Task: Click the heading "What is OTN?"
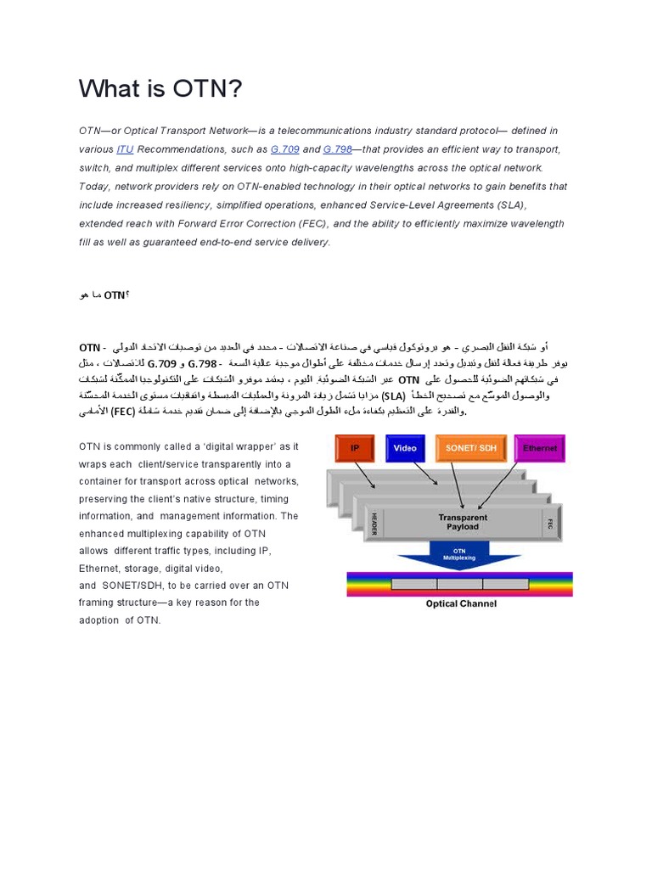(x=160, y=88)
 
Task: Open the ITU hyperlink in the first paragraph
(x=125, y=149)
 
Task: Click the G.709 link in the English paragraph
(x=282, y=149)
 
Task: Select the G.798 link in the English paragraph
(x=337, y=149)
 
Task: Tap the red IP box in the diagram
(x=355, y=448)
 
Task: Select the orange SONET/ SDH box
(x=472, y=448)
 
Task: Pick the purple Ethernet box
(x=539, y=448)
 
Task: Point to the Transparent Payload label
(x=463, y=522)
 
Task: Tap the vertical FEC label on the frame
(x=550, y=524)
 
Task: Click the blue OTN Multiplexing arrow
(x=463, y=557)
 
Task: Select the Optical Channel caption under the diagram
(x=461, y=604)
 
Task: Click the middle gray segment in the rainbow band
(x=459, y=585)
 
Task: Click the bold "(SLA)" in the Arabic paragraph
(x=393, y=395)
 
